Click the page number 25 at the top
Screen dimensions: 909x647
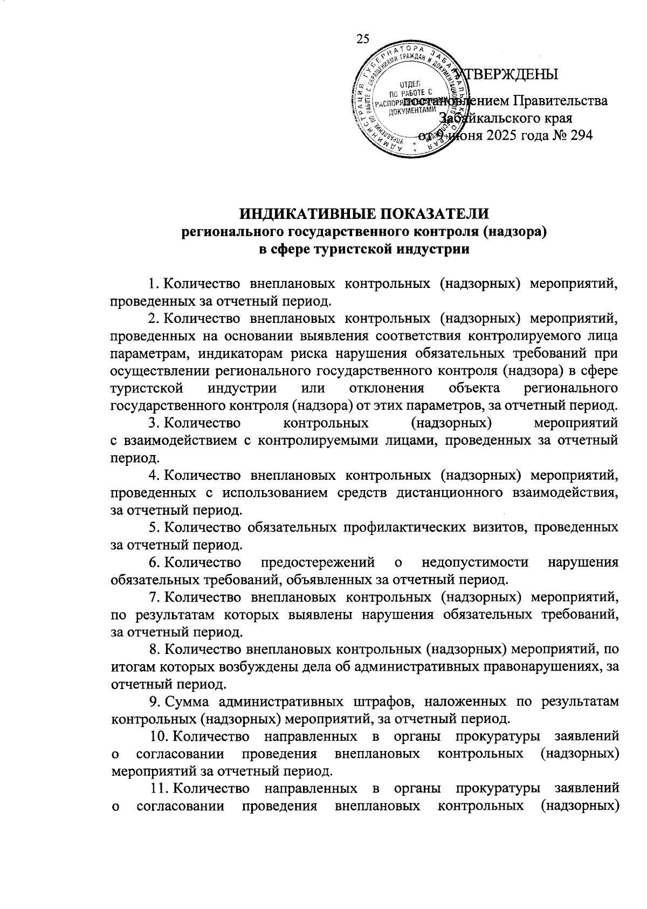tap(362, 38)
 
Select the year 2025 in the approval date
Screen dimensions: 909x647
tap(501, 135)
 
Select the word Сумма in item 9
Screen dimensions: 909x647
tap(184, 702)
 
